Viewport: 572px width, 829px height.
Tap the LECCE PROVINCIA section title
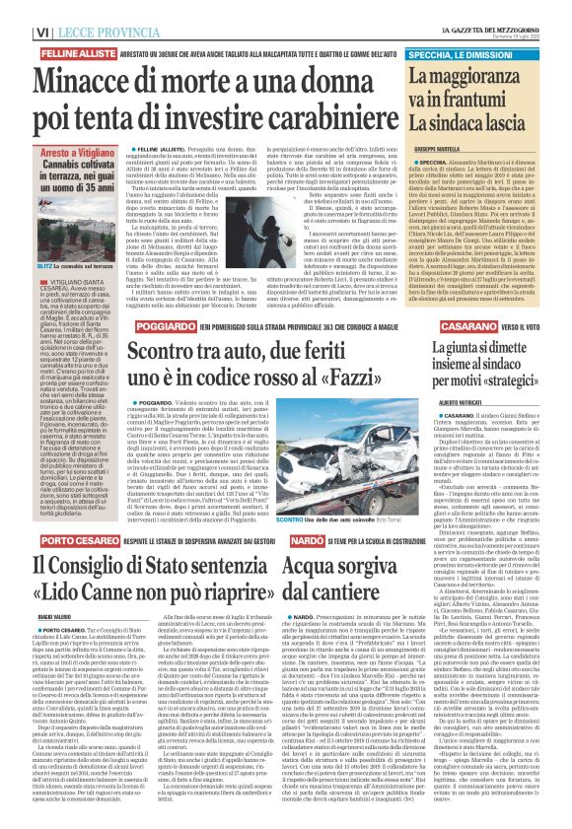80,10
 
